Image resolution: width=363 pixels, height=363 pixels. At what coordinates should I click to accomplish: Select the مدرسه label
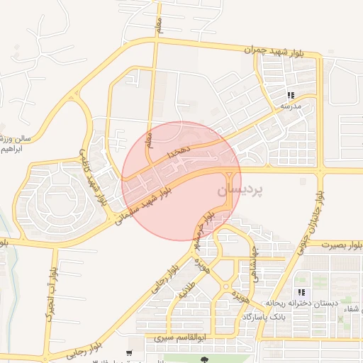tap(291, 106)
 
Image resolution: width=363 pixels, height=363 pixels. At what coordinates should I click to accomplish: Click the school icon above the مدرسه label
tap(291, 95)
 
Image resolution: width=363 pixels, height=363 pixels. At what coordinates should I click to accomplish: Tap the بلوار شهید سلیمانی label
tap(145, 205)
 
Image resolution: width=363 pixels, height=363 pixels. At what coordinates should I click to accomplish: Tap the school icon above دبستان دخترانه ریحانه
tap(301, 292)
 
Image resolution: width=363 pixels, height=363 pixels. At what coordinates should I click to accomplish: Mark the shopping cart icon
tap(128, 352)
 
